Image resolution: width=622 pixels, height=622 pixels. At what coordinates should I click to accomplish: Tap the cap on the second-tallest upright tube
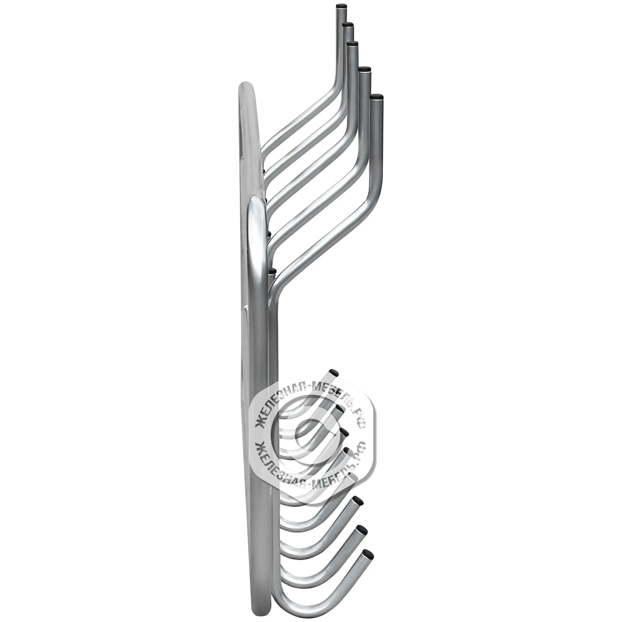348,25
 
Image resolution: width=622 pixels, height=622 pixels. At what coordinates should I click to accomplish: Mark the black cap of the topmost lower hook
335,373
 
